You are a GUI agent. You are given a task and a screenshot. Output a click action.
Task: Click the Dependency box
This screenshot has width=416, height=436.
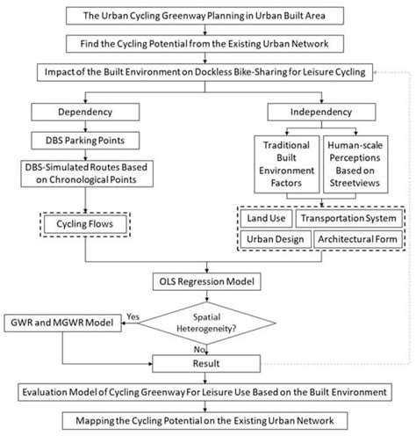point(85,112)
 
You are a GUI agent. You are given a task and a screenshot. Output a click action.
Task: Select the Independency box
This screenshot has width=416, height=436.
point(321,112)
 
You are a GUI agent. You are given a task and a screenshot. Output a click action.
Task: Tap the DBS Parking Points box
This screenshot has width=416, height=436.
point(85,141)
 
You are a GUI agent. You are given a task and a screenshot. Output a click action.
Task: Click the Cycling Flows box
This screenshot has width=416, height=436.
point(85,224)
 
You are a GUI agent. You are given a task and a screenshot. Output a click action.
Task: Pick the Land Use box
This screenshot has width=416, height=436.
point(266,218)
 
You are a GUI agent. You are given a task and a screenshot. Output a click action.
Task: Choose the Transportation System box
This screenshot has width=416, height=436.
point(348,218)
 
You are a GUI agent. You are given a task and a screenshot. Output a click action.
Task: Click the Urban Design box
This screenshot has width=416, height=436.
point(276,239)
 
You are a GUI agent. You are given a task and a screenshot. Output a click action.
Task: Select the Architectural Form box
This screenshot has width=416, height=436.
point(358,239)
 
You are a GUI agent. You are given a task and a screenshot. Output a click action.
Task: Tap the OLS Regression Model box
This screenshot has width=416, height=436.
point(207,281)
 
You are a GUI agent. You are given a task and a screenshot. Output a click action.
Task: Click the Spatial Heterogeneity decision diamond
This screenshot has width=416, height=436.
point(207,323)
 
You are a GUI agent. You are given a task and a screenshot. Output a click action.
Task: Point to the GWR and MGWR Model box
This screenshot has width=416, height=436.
point(62,323)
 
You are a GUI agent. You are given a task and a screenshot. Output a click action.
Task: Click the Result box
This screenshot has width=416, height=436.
point(206,364)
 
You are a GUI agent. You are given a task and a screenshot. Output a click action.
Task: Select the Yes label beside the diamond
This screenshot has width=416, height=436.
point(133,316)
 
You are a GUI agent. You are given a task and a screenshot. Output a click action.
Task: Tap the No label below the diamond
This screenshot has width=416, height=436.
point(199,349)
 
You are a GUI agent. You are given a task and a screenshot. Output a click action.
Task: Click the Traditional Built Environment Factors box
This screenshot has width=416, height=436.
point(287,164)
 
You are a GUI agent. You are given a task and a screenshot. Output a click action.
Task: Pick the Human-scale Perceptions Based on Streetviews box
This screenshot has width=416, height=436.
point(355,164)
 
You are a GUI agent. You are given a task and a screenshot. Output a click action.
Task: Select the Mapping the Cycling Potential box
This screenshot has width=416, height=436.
point(204,421)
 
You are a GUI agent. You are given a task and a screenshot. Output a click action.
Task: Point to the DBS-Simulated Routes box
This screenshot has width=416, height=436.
point(87,173)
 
